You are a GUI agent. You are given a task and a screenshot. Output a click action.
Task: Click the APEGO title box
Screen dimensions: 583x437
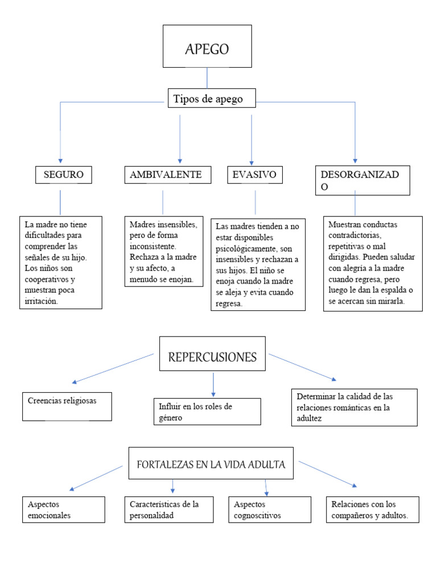(x=207, y=46)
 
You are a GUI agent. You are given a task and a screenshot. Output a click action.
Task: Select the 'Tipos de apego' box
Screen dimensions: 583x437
(x=212, y=98)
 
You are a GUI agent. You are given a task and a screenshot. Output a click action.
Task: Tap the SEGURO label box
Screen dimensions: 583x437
(x=64, y=175)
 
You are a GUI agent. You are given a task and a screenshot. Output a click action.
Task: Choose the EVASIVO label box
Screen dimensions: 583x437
(x=254, y=175)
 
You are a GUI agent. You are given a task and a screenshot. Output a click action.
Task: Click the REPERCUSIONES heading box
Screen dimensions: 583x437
(x=212, y=357)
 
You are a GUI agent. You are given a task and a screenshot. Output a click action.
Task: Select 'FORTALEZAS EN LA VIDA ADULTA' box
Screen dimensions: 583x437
(x=211, y=464)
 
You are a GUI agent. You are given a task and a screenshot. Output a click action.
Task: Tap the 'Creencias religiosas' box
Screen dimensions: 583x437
(x=67, y=406)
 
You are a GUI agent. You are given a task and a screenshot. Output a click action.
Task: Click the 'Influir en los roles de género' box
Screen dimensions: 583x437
(x=207, y=412)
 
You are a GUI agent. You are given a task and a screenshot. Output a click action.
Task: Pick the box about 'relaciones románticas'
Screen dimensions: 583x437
(x=353, y=407)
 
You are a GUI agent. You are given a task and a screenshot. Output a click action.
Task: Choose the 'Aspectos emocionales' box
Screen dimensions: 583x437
(x=64, y=509)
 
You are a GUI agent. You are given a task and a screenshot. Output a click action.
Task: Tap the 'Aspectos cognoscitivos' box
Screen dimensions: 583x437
(x=270, y=509)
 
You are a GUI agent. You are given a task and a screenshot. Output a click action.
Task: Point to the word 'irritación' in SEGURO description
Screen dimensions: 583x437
(x=42, y=301)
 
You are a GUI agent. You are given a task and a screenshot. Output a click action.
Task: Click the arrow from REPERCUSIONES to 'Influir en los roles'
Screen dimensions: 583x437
(x=213, y=384)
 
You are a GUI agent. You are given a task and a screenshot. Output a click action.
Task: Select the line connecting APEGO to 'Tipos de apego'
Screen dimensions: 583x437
(x=207, y=77)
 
